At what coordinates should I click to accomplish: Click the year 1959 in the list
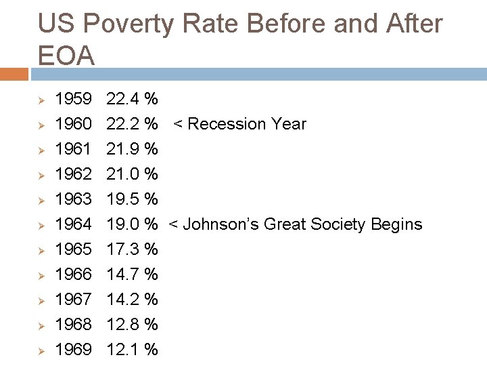click(x=73, y=100)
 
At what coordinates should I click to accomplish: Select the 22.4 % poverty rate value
click(x=133, y=100)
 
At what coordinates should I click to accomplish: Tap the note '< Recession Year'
click(x=239, y=124)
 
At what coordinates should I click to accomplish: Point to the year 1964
click(x=73, y=224)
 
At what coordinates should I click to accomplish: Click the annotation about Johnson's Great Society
click(x=295, y=224)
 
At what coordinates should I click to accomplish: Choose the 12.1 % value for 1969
click(x=133, y=350)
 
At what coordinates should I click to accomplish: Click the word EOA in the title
click(x=66, y=56)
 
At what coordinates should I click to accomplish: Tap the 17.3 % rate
click(x=133, y=249)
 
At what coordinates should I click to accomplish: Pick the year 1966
click(x=73, y=274)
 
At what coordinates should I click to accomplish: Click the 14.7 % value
click(x=133, y=274)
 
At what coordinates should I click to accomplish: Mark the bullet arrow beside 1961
click(x=41, y=150)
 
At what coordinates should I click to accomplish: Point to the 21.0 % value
click(x=133, y=174)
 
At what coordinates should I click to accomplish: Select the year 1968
click(x=73, y=325)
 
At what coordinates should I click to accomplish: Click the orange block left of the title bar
click(x=14, y=74)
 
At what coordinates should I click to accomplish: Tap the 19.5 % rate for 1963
click(x=133, y=199)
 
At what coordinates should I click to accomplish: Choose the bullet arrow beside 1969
click(x=41, y=350)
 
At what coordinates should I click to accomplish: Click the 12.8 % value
click(x=133, y=325)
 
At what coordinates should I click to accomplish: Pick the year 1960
click(x=73, y=124)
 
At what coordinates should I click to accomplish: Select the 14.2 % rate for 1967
click(x=133, y=300)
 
